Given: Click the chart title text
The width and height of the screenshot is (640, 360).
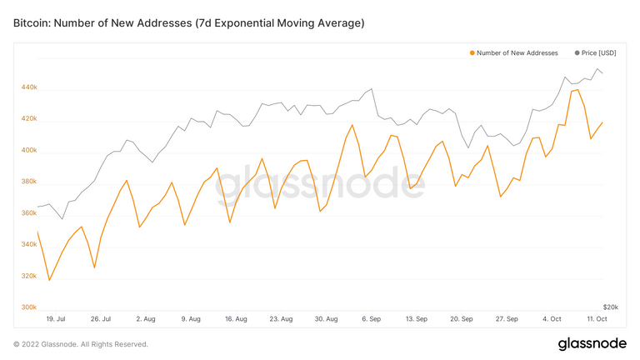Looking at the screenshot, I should [x=189, y=23].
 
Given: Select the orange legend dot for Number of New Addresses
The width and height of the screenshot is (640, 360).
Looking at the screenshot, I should [x=472, y=52].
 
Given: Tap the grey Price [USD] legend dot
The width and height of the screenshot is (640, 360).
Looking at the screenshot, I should [x=577, y=52].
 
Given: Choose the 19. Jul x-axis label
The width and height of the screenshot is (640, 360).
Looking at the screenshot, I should [x=56, y=318].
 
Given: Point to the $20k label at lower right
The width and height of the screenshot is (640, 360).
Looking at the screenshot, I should [x=610, y=307].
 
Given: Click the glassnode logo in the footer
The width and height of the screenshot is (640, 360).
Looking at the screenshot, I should [x=593, y=344].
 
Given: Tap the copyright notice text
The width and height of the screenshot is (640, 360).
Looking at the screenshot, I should [x=81, y=344].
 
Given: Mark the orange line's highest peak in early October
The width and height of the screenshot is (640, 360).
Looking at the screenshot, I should [x=578, y=90].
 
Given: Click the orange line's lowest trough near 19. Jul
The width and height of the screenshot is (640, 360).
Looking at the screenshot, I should [x=49, y=280].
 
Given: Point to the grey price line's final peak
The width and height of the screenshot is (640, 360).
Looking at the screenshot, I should [x=597, y=69].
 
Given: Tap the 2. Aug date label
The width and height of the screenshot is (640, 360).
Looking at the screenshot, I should [x=145, y=318].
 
